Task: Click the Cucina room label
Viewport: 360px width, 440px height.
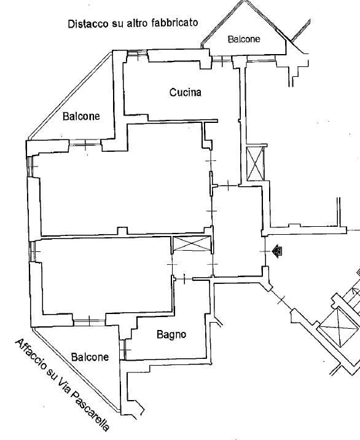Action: point(185,92)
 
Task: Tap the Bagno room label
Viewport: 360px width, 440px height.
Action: point(171,334)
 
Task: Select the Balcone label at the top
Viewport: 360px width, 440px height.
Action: point(244,39)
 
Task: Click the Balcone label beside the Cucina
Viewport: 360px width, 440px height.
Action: point(81,116)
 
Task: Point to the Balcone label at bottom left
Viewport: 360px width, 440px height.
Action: point(90,357)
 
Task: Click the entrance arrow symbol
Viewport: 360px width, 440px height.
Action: point(277,251)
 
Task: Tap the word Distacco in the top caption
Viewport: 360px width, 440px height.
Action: point(88,23)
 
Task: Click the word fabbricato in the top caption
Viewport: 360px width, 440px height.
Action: point(174,23)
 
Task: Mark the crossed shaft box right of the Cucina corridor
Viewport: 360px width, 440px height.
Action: point(256,163)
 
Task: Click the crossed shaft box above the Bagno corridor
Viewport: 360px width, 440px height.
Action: point(192,243)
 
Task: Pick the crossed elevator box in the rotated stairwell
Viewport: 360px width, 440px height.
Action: point(339,327)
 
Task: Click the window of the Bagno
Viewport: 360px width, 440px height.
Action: point(123,350)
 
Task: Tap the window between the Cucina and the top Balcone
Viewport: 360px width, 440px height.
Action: point(222,59)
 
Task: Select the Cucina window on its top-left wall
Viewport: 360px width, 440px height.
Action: point(137,53)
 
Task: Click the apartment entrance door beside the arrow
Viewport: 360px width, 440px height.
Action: point(264,251)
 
